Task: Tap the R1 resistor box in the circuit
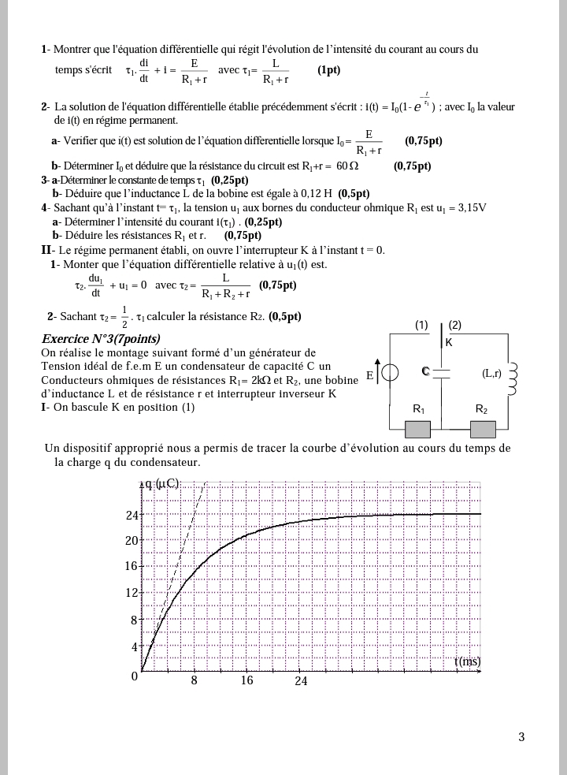click(418, 429)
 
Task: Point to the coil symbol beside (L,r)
click(513, 379)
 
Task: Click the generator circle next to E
click(390, 373)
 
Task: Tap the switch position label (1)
click(421, 325)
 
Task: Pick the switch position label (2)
click(455, 325)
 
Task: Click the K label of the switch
click(449, 343)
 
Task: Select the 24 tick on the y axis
click(132, 516)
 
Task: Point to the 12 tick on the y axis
click(132, 593)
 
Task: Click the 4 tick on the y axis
click(135, 647)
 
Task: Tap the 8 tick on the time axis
click(194, 680)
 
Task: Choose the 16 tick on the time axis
click(247, 680)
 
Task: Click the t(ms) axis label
click(467, 661)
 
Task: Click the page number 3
click(521, 737)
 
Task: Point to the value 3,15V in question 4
click(468, 208)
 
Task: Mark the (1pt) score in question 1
click(329, 70)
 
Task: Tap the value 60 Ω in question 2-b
click(347, 166)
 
